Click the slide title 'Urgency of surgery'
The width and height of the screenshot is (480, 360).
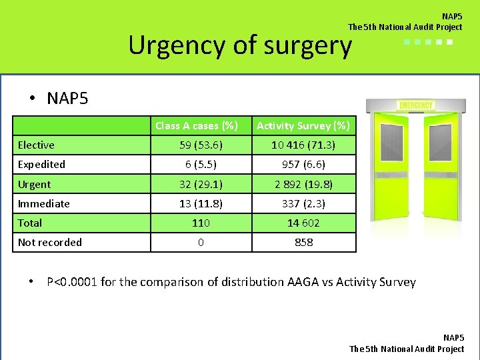coord(239,45)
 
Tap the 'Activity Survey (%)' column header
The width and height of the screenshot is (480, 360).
coord(303,125)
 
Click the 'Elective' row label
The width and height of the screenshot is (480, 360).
coord(36,145)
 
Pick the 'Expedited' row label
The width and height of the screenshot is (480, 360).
coord(41,165)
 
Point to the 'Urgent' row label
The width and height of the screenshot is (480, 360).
coord(34,185)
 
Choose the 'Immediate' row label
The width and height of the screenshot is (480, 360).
coord(43,204)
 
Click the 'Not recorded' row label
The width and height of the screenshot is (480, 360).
coord(49,243)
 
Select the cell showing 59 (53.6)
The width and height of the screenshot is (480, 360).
coord(201,145)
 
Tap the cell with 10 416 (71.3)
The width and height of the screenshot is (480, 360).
coord(303,145)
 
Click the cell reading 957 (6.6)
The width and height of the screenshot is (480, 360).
coord(303,165)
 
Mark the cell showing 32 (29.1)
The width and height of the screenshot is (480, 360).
coord(201,185)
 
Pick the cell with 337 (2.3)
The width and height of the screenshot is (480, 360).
coord(303,204)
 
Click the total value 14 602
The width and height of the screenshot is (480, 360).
coord(303,223)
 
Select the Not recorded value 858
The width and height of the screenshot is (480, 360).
coord(303,243)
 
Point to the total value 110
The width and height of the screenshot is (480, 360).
coord(201,223)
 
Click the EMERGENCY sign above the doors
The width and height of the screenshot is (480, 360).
coord(415,105)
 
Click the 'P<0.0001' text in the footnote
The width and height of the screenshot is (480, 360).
coord(72,282)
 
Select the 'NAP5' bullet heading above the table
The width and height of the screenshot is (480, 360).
coord(67,99)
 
